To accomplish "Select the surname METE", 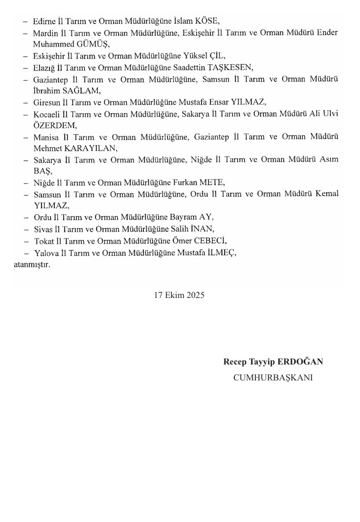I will (211, 183).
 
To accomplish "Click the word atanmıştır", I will (31, 264).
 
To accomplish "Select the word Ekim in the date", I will (173, 295).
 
